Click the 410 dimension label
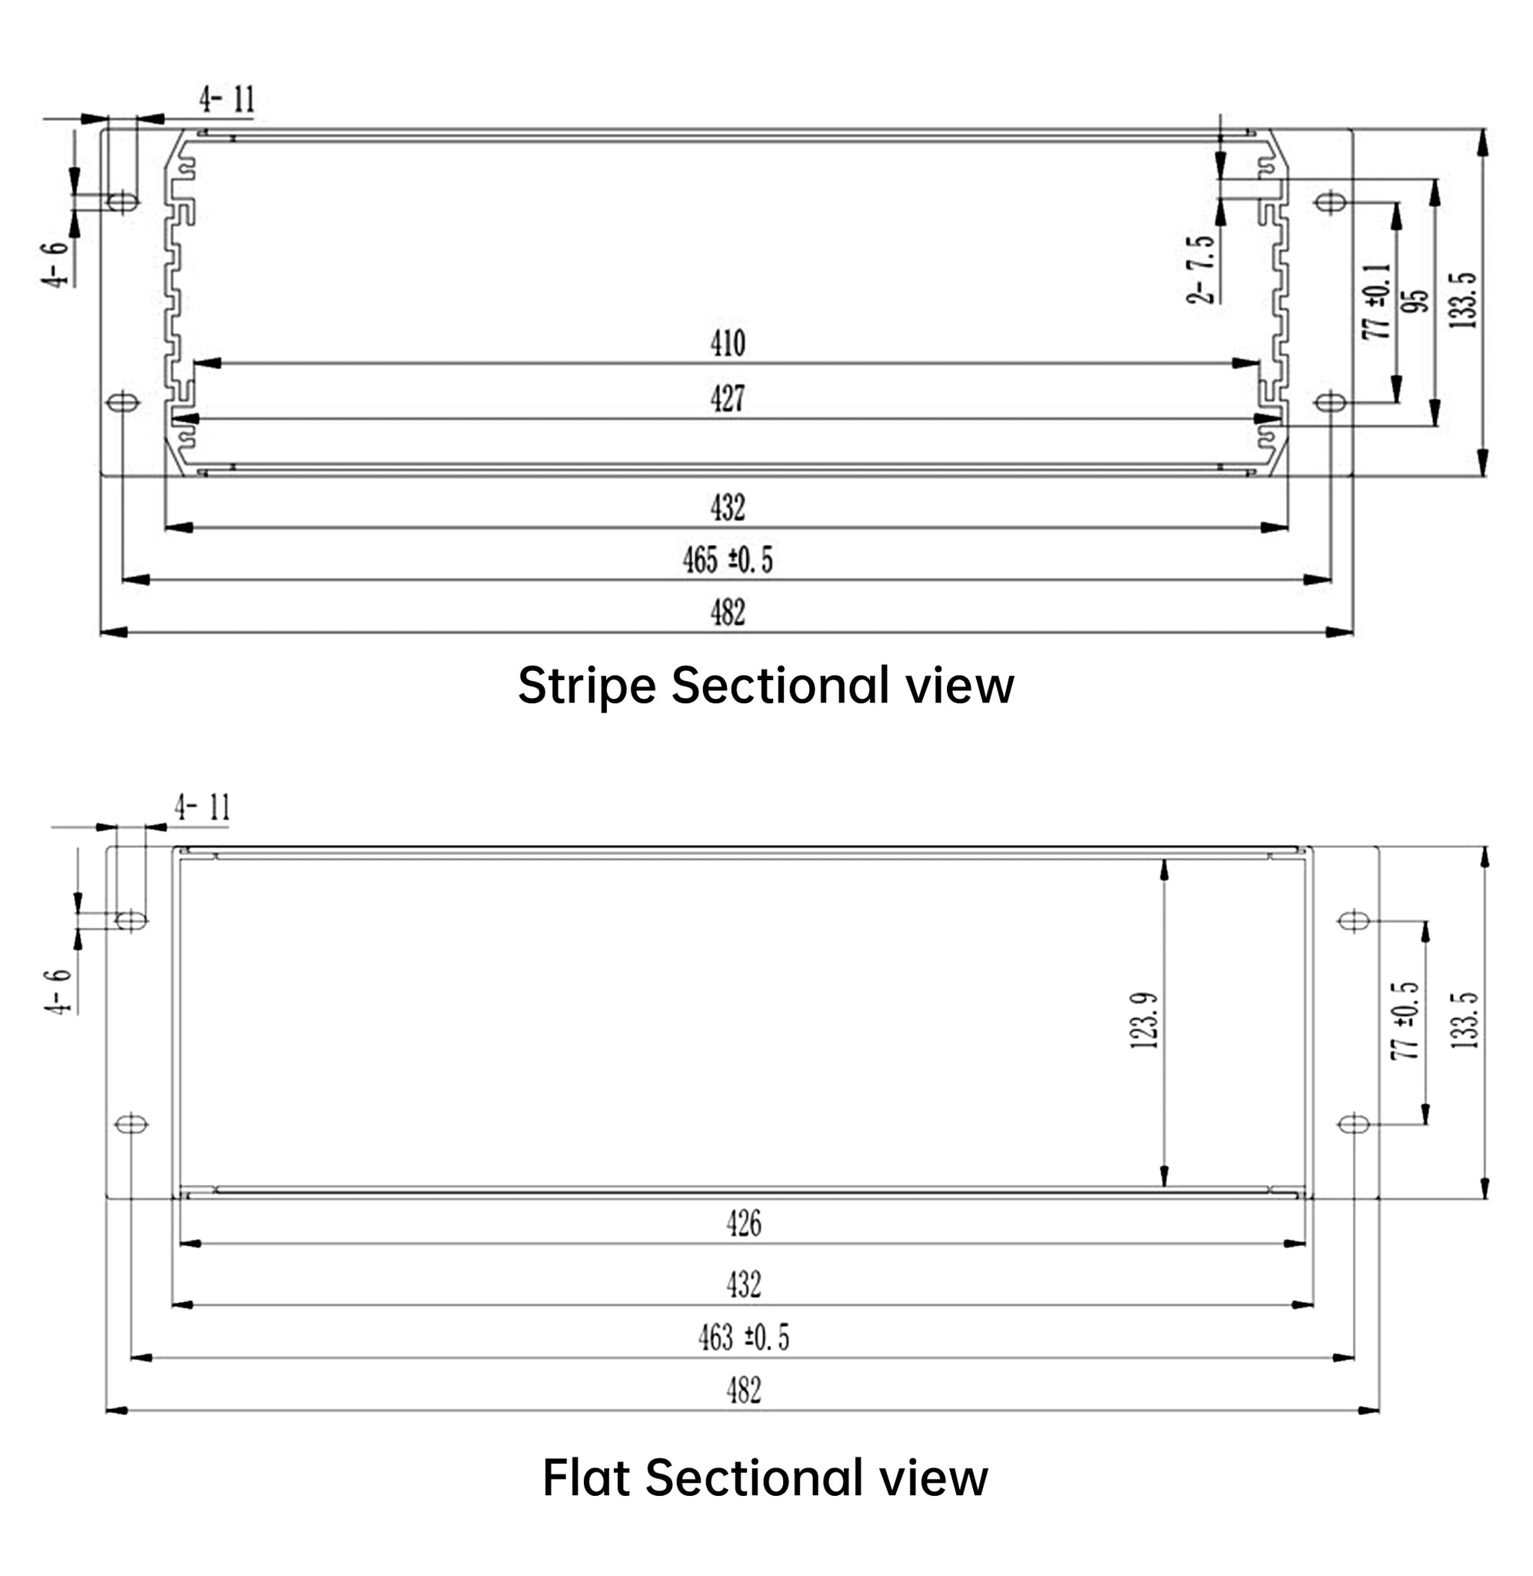click(727, 344)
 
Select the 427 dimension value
click(727, 399)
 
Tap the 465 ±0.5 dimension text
click(727, 559)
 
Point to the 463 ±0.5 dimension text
click(743, 1337)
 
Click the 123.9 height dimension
click(1144, 1020)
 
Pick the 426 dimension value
click(743, 1224)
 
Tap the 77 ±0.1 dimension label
click(1378, 300)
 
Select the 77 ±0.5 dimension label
click(1406, 1020)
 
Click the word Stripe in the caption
click(586, 686)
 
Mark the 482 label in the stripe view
click(727, 613)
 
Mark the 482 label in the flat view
click(743, 1391)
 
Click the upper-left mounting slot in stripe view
click(122, 201)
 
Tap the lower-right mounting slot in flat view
click(1354, 1124)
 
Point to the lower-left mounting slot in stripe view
click(122, 401)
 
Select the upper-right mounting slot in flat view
click(1354, 920)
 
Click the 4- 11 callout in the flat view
click(203, 808)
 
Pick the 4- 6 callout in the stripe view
click(56, 263)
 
